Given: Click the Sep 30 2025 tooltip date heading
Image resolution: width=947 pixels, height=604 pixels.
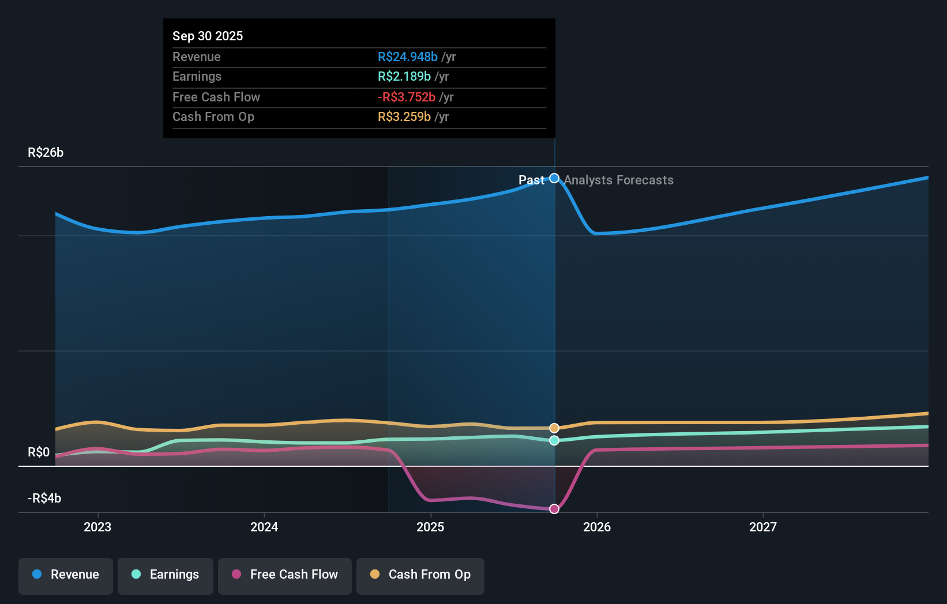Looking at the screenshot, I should [x=208, y=36].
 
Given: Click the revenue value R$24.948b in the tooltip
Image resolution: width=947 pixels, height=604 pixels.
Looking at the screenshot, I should [x=407, y=56].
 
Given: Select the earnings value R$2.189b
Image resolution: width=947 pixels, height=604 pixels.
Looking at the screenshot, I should [x=404, y=77].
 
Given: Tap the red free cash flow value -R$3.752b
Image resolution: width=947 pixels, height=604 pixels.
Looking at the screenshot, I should [x=406, y=97].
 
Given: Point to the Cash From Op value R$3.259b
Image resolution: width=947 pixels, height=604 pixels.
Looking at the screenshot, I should [x=404, y=117].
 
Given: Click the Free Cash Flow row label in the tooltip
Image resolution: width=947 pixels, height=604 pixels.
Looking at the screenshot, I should [x=216, y=97].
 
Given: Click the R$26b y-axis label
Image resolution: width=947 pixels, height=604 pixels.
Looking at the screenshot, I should [x=46, y=153].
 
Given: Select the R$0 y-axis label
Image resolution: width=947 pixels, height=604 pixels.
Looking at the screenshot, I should [x=39, y=452].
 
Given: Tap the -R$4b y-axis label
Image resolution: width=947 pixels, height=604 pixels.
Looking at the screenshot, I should [x=44, y=499].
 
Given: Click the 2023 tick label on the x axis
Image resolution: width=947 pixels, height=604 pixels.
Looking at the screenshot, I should [x=97, y=527].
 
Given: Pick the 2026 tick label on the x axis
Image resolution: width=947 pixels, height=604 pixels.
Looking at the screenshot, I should [x=597, y=527].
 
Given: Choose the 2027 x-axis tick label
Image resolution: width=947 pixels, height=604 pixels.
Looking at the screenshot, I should [x=763, y=527].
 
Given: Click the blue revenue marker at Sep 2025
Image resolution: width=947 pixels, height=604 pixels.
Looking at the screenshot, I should [x=554, y=178].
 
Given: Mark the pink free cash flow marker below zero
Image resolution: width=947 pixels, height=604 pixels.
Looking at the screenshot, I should [x=554, y=509].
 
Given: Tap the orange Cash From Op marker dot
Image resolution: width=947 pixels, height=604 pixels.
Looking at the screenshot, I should [x=554, y=428].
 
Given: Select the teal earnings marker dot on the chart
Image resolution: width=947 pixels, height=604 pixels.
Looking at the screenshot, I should [x=554, y=440].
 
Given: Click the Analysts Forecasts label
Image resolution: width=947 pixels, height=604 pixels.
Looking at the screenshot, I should [x=618, y=180].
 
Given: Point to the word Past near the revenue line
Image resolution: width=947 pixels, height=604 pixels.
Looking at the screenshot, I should [x=531, y=180].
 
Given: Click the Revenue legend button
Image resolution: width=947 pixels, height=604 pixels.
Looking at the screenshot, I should [x=66, y=575].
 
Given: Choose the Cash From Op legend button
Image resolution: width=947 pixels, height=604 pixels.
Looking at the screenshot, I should [x=420, y=575].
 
